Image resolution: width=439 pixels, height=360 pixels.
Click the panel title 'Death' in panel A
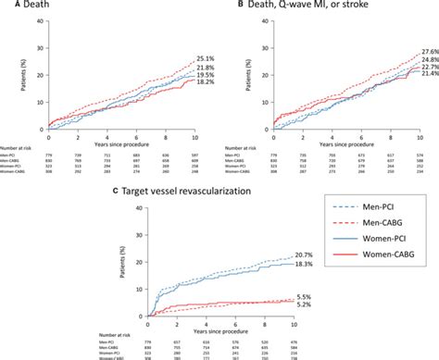pos(25,7)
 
